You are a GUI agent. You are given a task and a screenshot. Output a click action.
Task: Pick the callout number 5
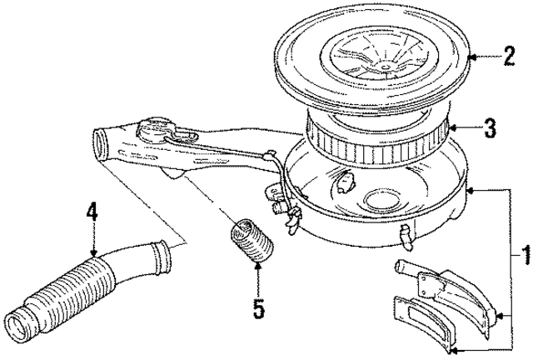[258, 310]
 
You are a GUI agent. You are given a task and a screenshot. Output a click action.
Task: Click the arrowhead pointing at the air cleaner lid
[472, 57]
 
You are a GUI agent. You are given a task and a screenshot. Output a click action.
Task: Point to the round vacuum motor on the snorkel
[155, 131]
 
